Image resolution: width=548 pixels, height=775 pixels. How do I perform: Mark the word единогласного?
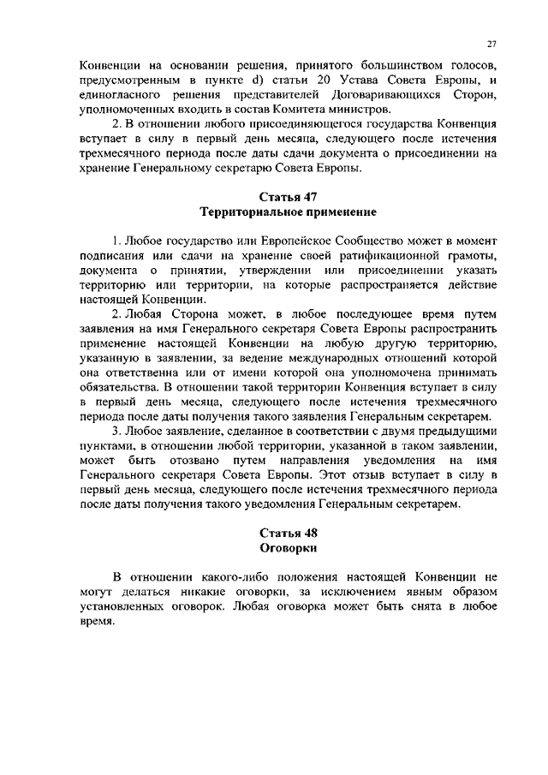[x=128, y=95]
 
